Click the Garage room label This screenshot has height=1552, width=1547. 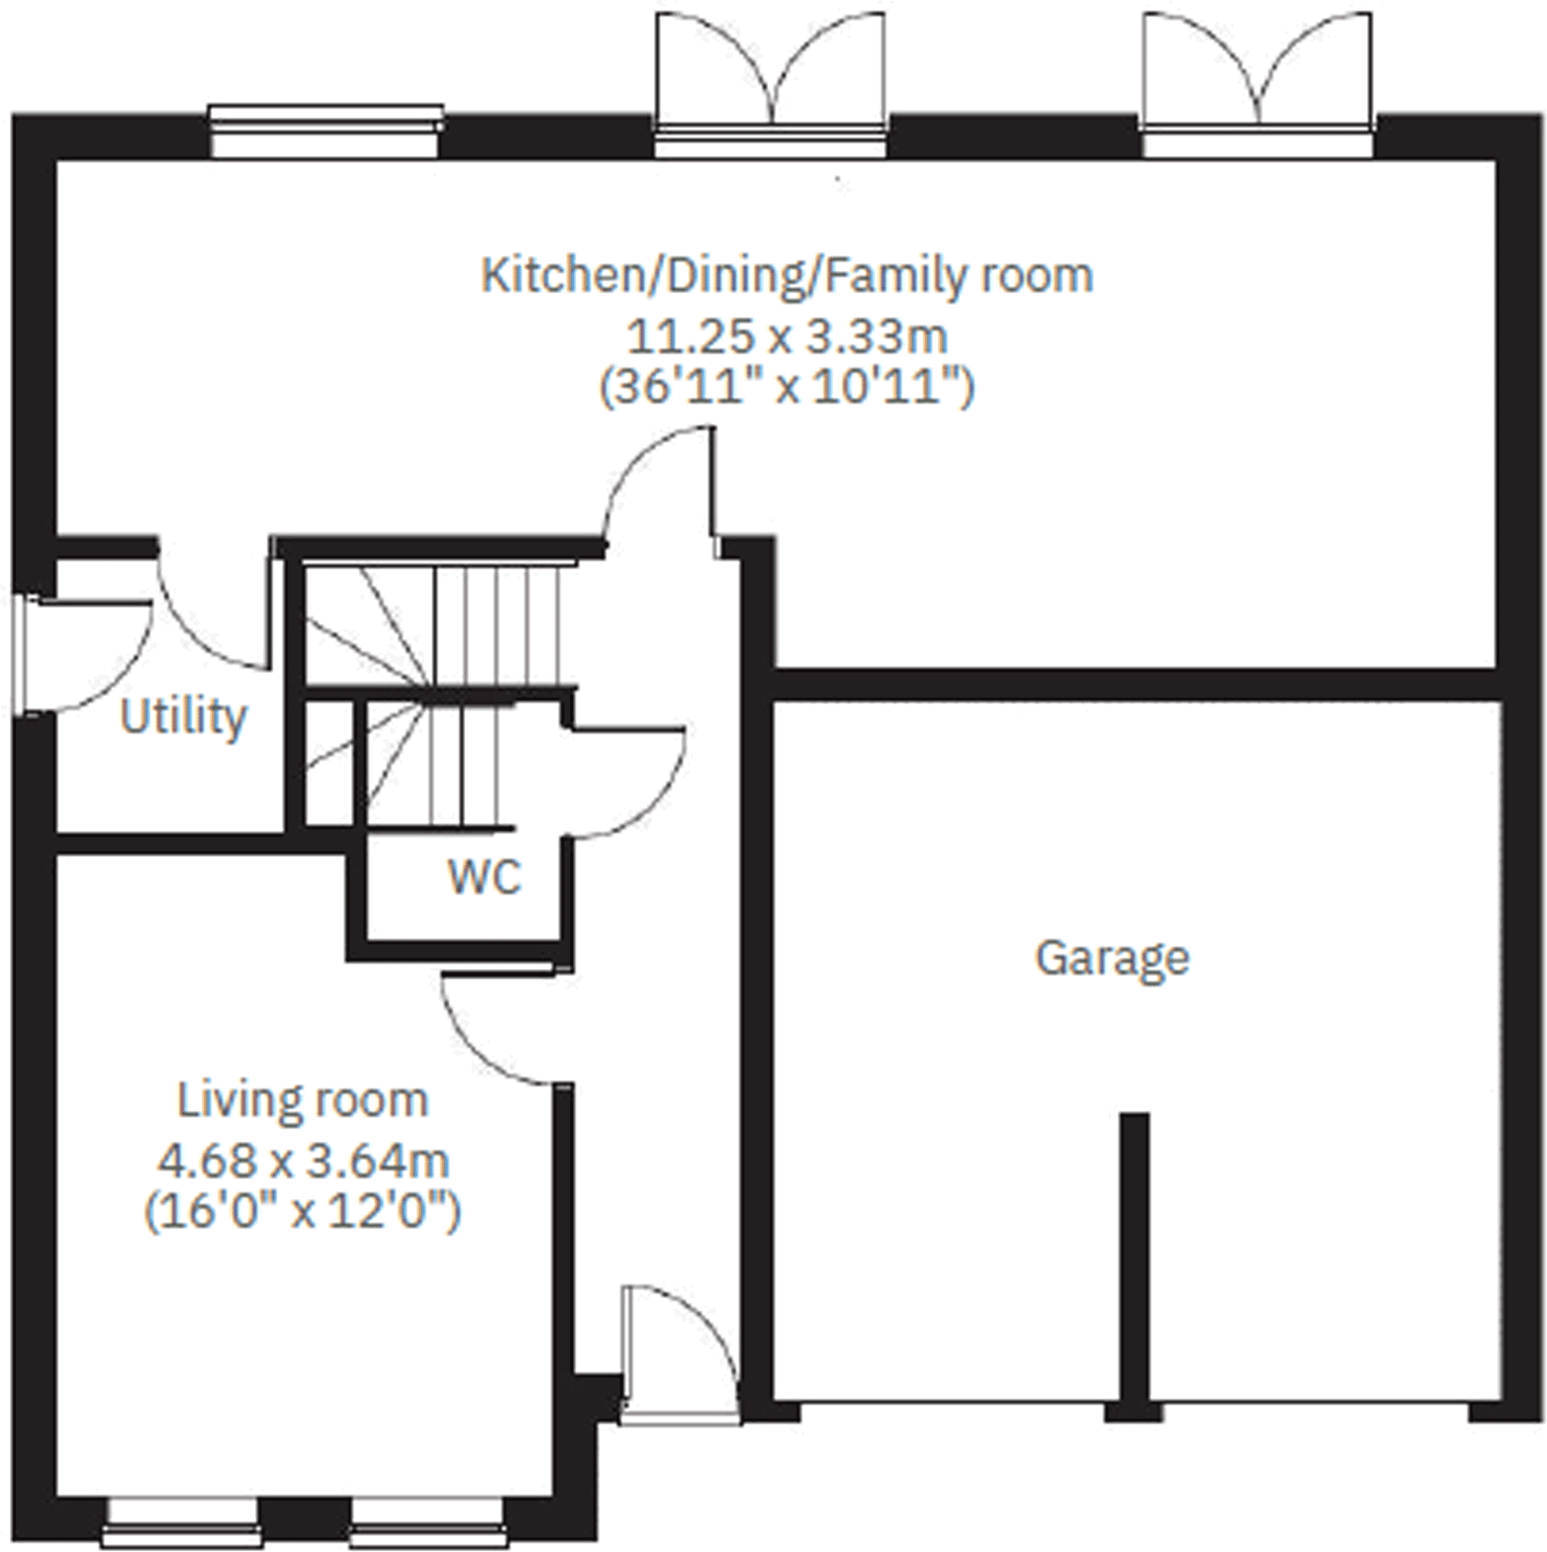[1111, 959]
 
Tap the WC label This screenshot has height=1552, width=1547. [484, 877]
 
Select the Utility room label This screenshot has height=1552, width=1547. [183, 716]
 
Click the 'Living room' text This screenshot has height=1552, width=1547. [303, 1100]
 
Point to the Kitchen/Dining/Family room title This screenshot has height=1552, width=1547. [787, 275]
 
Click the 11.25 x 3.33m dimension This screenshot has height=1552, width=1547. [787, 337]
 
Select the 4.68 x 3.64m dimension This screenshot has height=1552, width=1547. [303, 1161]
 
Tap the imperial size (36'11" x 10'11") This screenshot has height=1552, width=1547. [787, 388]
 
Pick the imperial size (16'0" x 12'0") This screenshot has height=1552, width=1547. [303, 1211]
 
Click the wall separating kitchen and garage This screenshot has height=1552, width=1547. [1132, 685]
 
